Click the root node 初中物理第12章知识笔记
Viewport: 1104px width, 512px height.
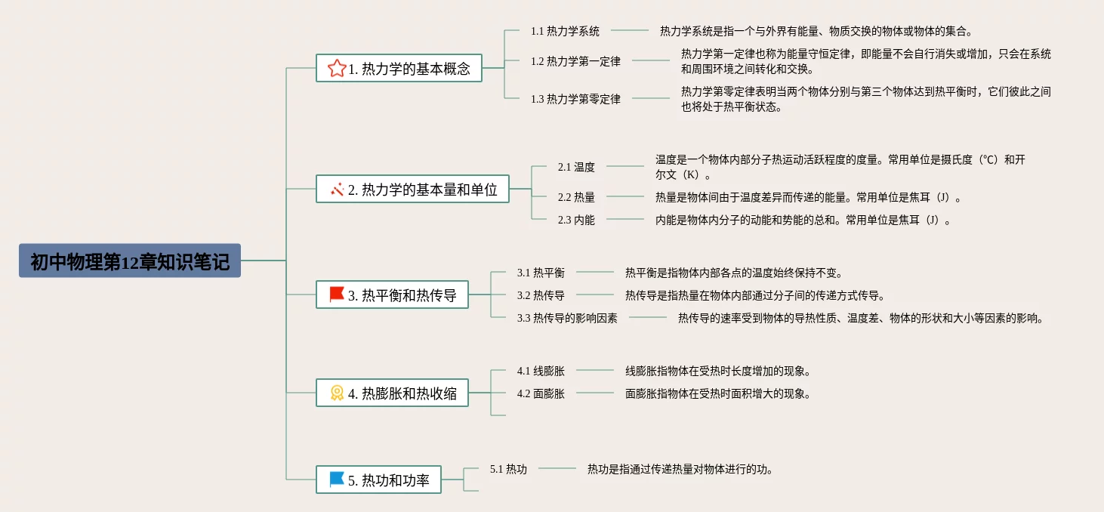click(x=130, y=261)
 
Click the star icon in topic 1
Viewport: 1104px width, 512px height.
click(x=337, y=69)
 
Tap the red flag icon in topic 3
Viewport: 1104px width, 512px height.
click(x=337, y=295)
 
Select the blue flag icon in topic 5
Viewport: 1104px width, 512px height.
click(x=337, y=480)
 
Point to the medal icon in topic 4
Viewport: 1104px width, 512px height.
click(x=337, y=393)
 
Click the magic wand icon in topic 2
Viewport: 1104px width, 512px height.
click(x=337, y=190)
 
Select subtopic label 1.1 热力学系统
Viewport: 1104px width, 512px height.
click(x=565, y=31)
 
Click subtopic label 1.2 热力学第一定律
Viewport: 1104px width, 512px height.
click(x=575, y=61)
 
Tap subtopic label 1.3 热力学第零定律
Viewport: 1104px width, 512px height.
click(x=575, y=99)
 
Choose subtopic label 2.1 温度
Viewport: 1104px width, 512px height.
click(x=576, y=167)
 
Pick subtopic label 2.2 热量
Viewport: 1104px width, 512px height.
click(x=576, y=197)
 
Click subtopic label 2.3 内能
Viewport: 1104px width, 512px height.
click(x=576, y=220)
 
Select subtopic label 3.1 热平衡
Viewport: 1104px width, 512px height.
click(x=541, y=273)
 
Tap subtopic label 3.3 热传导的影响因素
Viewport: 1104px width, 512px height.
click(x=567, y=318)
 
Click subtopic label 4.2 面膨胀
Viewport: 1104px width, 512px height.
click(x=541, y=393)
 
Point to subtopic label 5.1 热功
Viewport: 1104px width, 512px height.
click(x=508, y=469)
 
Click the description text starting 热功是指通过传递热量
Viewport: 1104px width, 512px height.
click(x=680, y=469)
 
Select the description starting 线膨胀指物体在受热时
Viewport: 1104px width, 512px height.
click(x=718, y=371)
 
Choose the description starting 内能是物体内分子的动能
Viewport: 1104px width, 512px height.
click(x=803, y=220)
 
